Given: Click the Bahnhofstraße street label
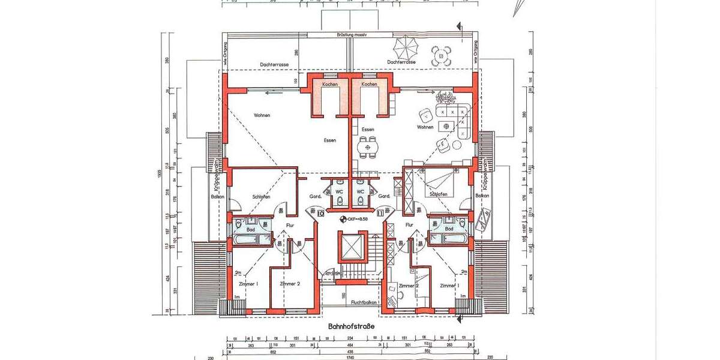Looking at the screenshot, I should [x=351, y=326].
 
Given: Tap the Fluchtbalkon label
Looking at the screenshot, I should [x=363, y=303].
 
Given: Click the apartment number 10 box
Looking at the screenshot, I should [x=320, y=212].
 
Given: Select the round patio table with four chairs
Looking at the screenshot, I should [x=441, y=56].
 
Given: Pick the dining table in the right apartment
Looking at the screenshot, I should [x=368, y=146].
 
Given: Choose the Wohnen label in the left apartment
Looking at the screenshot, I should [x=262, y=115].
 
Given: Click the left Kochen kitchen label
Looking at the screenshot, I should [x=329, y=85].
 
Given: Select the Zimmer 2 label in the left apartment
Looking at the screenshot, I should [x=290, y=284].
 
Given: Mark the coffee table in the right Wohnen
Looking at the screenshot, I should [x=445, y=125].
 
